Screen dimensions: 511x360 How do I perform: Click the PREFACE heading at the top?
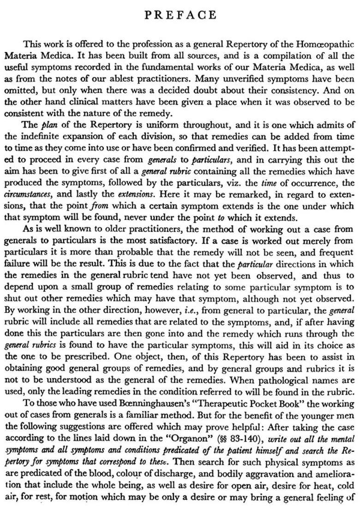pos(180,15)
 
